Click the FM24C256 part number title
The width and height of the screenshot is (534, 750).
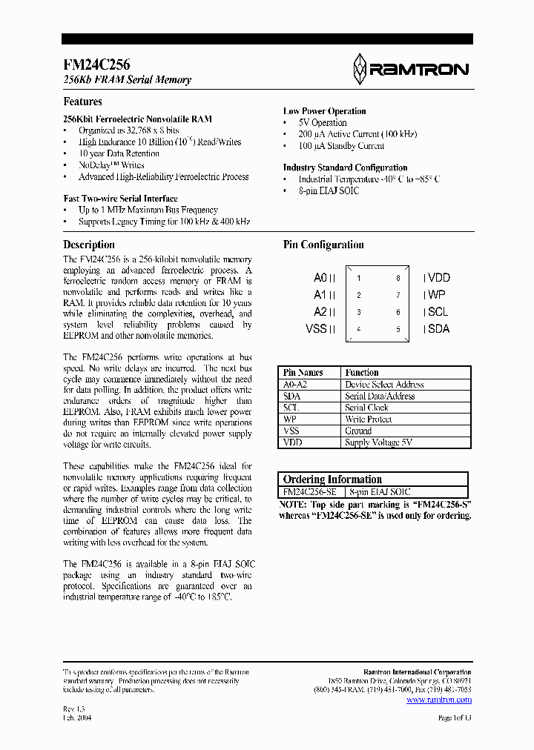coord(96,64)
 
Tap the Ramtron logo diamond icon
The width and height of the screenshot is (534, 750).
coord(360,69)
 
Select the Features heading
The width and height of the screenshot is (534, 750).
coord(82,102)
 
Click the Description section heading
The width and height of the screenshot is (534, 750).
coord(89,245)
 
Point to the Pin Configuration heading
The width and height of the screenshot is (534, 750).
coord(323,245)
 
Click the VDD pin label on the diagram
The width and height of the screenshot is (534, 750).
coord(438,278)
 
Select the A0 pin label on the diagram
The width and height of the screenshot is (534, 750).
coord(321,278)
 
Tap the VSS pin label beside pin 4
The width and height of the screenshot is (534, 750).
coord(317,329)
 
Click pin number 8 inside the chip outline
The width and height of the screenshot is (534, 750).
coord(398,279)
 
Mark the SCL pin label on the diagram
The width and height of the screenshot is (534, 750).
coord(438,312)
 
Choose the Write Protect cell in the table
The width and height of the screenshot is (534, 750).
coord(368,419)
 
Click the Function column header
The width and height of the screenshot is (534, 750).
coord(362,373)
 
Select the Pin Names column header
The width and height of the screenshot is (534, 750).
coord(303,373)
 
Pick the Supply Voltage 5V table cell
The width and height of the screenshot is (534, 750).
coord(378,442)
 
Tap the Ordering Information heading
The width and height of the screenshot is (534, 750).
coord(332,479)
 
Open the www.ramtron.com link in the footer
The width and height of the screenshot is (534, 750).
coord(439,700)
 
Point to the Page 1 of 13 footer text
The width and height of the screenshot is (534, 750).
coord(455,718)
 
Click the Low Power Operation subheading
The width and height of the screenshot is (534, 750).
coord(324,111)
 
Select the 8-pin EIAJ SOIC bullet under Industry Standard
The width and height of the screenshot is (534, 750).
coord(329,191)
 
